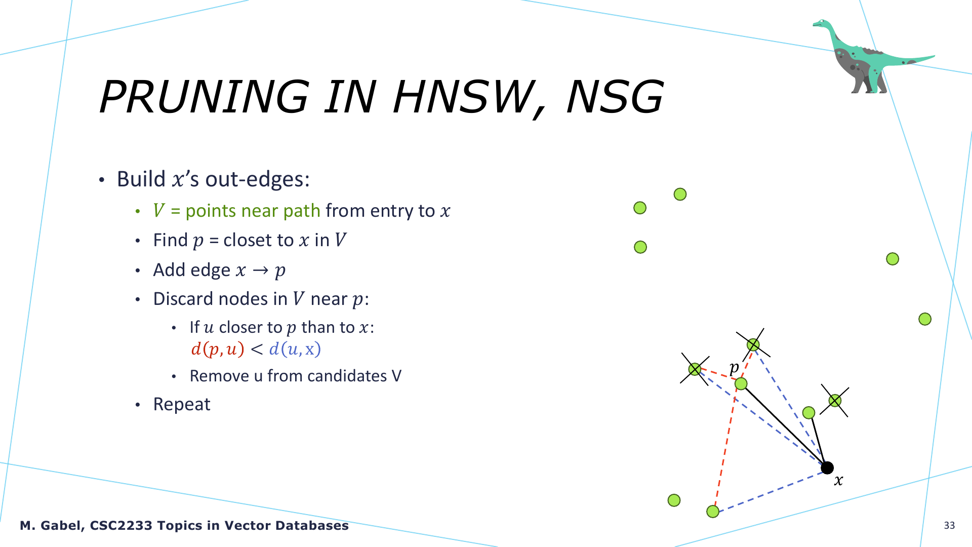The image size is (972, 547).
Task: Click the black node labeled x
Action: [827, 467]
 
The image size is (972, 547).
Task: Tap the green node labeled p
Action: [741, 384]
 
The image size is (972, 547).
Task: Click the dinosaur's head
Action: [821, 23]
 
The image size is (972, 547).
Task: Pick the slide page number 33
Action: [949, 525]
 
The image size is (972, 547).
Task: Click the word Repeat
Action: [182, 404]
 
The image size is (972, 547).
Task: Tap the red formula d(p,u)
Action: [218, 349]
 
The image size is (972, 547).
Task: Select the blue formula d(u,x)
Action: [295, 349]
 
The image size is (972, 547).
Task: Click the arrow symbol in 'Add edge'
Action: [260, 270]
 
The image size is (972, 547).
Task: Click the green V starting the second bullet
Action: [159, 210]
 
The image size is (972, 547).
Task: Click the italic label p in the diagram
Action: [734, 367]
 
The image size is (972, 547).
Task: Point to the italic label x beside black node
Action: [839, 480]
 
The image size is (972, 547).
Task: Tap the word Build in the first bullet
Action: [141, 179]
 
